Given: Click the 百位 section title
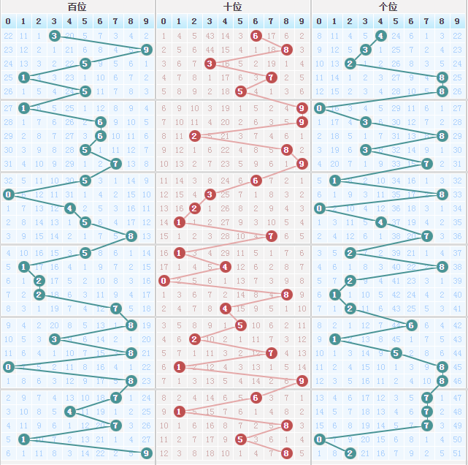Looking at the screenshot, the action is coord(77,7).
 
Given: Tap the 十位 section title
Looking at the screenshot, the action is coord(233,7).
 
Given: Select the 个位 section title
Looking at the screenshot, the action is coord(388,7).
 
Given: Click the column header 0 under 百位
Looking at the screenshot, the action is coord(8,20).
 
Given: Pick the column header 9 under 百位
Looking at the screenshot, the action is coord(146,20).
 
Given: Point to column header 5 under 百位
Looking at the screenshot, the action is coord(85,20).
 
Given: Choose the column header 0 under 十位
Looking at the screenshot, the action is coord(164,20).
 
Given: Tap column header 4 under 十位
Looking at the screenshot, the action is coord(225,20).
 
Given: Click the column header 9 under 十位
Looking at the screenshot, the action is coord(302,20).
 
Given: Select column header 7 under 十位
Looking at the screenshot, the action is coord(271,20).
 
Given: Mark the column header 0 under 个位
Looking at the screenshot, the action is coord(320,20).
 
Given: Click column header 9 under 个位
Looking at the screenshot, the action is coord(457,20).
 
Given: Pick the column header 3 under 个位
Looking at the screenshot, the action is coord(366,20).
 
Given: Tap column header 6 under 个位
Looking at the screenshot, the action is coord(412,20).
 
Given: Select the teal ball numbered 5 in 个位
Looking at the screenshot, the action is coord(396,353).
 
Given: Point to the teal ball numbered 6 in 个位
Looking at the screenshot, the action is coord(412,325).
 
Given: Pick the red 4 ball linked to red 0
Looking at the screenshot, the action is coord(225,267).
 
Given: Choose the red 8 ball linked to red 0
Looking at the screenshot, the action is coord(286,295).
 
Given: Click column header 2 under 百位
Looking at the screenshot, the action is coord(39,20).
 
